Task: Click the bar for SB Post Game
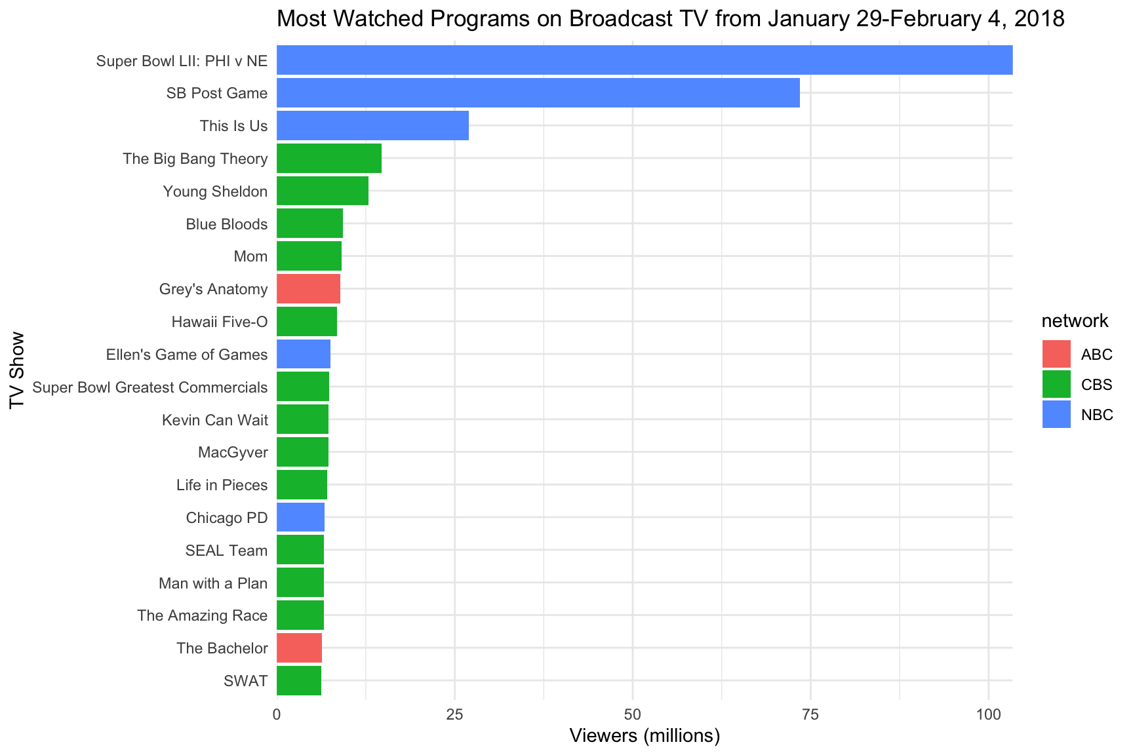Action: coord(538,93)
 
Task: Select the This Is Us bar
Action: coord(372,126)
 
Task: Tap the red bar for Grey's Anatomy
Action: coord(308,289)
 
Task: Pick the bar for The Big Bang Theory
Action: coord(329,159)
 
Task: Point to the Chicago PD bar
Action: coord(300,518)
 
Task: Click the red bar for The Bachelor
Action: coord(299,648)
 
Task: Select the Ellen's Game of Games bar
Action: coord(304,355)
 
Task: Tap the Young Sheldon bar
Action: coord(322,191)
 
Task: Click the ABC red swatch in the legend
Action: coord(1056,355)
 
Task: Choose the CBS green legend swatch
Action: coord(1056,385)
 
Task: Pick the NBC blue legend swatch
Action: coord(1056,414)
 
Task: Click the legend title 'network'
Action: coord(1075,321)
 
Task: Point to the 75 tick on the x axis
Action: coord(810,714)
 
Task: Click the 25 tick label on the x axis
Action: coord(454,714)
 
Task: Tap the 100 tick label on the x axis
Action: coord(988,714)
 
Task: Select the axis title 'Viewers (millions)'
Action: coord(645,737)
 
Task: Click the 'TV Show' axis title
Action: coord(18,370)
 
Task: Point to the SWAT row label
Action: coord(245,681)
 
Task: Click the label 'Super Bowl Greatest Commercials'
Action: coord(150,387)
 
